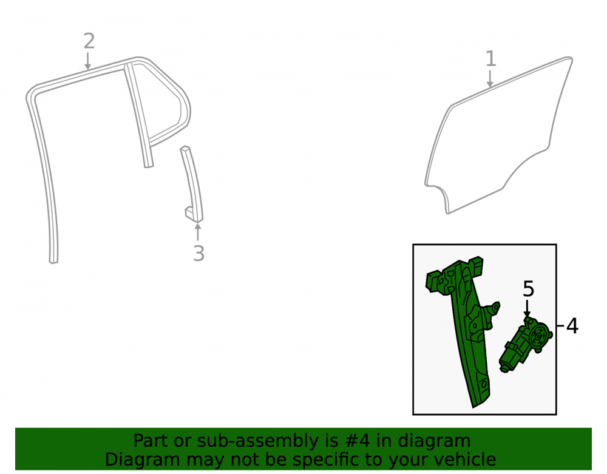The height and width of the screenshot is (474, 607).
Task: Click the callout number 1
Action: (x=490, y=59)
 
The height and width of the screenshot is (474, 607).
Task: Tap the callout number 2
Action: (x=89, y=41)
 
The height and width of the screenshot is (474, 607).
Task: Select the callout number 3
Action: (x=198, y=254)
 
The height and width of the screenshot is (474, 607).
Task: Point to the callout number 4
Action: (x=572, y=326)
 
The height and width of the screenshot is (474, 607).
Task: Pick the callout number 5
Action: (x=529, y=289)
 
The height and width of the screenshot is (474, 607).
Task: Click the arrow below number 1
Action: (x=490, y=78)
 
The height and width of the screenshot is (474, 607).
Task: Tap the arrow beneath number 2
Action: (x=88, y=61)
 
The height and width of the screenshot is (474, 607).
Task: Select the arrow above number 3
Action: (x=198, y=231)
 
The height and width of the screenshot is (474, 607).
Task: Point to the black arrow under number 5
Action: (x=527, y=308)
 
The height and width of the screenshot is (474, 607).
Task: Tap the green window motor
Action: (x=525, y=344)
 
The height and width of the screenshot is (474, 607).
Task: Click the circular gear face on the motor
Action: (x=538, y=337)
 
